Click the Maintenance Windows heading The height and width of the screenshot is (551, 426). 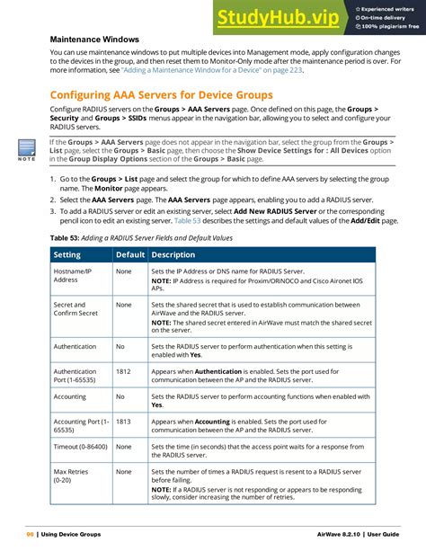(x=93, y=40)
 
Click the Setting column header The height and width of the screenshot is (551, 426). (x=70, y=255)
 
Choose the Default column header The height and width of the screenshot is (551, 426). (x=129, y=255)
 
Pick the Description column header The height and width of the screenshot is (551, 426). (x=173, y=255)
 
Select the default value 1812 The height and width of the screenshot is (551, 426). (x=123, y=370)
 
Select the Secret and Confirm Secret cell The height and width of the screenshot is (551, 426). (x=75, y=310)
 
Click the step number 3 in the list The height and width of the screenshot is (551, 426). (x=52, y=209)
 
